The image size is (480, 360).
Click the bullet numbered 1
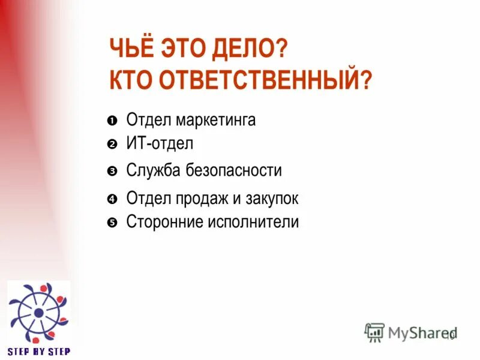(112, 121)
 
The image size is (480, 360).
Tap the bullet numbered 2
(112, 145)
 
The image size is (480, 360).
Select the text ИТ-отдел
(160, 144)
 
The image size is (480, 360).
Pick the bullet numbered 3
(112, 172)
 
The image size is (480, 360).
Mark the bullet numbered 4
(112, 199)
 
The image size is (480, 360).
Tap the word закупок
(269, 199)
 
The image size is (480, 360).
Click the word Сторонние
(165, 223)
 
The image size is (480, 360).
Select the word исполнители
(253, 223)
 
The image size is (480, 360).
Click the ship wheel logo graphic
(38, 312)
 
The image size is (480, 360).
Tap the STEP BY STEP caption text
(38, 352)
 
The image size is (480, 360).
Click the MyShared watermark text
(421, 332)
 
